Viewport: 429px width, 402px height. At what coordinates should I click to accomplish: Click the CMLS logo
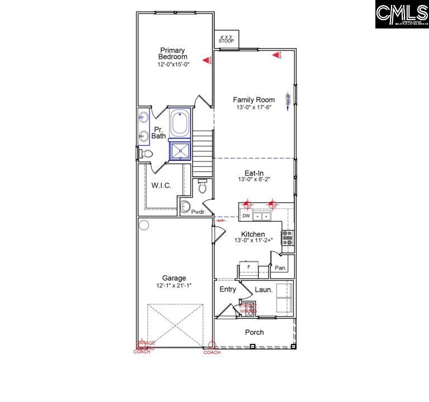coord(401,15)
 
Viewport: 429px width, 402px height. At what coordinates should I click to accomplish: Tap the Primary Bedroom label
coord(173,54)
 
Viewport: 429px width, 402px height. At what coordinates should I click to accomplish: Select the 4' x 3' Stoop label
coord(226,39)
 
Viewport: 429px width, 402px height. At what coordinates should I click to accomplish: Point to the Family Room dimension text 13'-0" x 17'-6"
coord(254,108)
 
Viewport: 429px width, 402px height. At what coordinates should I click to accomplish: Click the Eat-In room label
coord(254,173)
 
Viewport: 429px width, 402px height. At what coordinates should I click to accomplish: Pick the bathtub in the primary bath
coord(180,123)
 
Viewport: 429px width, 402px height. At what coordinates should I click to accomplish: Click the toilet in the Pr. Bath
coord(146,154)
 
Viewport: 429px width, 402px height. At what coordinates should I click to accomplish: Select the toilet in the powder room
coord(202,186)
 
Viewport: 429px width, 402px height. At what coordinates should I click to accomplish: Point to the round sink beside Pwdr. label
coord(185,208)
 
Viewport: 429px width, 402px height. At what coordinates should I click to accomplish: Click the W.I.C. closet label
coord(161,185)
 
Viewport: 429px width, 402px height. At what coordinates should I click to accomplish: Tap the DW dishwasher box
coord(246,216)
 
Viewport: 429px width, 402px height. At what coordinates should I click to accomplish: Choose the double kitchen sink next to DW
coord(261,216)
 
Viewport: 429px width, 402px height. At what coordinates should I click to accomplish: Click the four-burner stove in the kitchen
coord(287,238)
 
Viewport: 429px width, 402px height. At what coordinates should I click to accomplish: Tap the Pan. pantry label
coord(280,268)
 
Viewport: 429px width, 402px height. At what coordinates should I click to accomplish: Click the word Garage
coord(174,278)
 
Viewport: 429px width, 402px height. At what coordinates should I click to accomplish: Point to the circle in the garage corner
coord(144,225)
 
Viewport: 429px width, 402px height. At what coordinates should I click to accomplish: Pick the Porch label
coord(254,332)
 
